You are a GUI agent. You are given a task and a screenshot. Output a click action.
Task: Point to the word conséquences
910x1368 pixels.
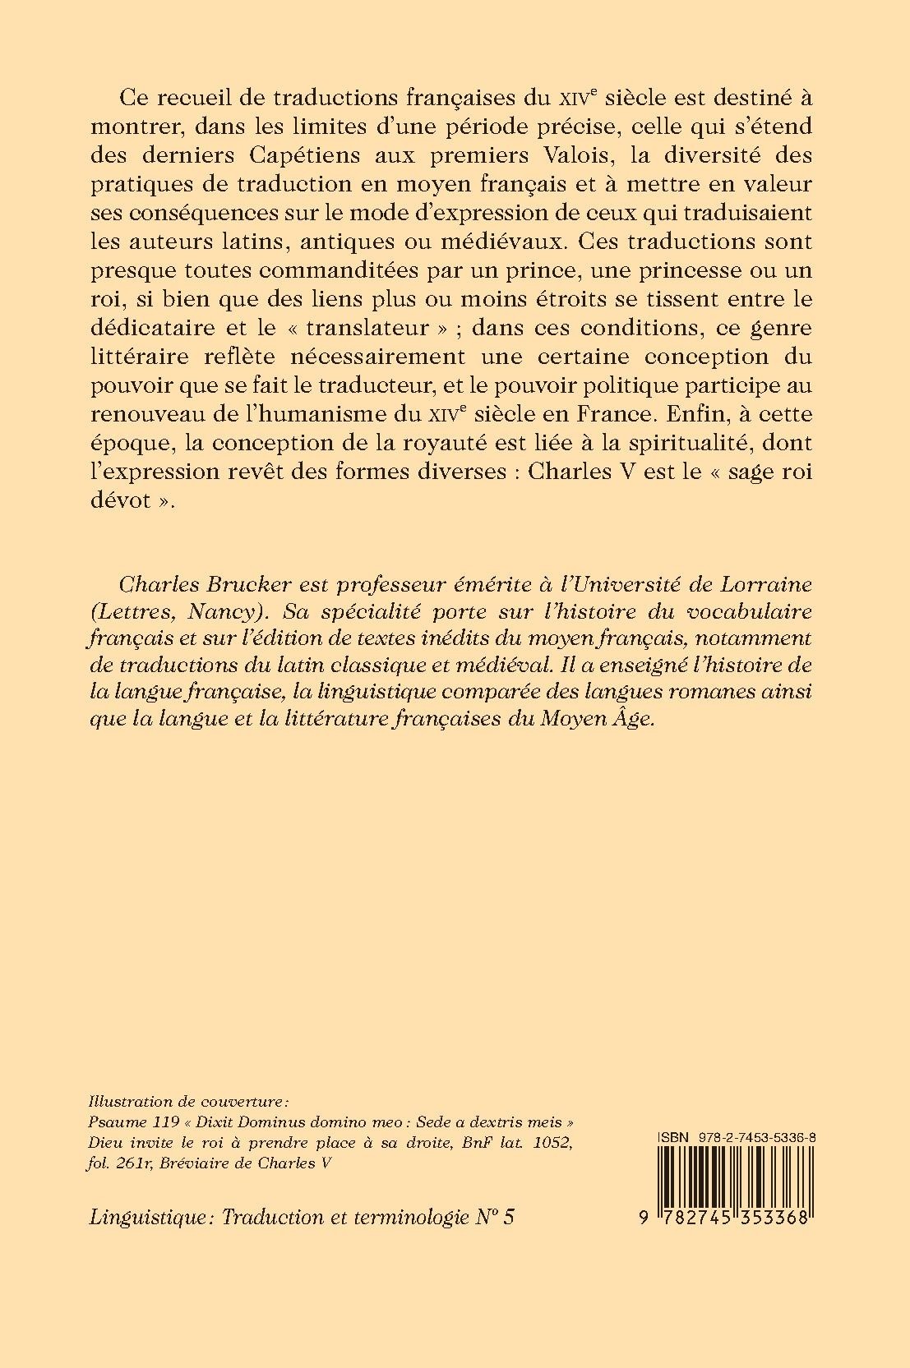229,212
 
